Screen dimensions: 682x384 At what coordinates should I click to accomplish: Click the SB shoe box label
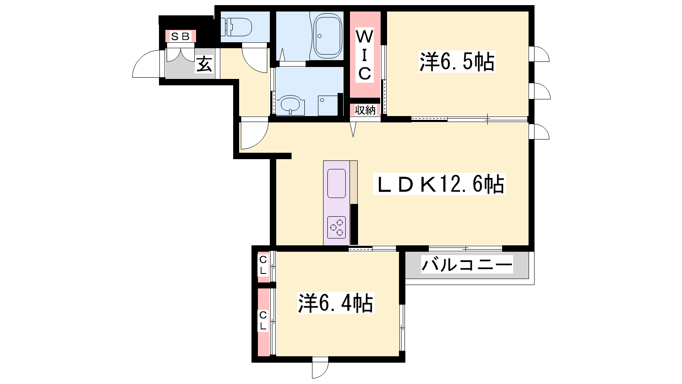pos(180,37)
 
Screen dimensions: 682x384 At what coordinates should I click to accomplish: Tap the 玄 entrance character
pos(204,64)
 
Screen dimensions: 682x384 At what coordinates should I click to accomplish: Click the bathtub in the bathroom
pos(327,36)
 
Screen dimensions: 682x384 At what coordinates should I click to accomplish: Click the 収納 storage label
pos(365,110)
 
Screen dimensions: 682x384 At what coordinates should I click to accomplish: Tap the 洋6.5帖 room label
pos(457,61)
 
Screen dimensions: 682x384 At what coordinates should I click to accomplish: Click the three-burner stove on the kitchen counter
pos(336,227)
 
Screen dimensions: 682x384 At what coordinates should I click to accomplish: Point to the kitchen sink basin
pos(336,183)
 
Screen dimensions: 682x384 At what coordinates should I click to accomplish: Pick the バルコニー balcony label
pos(467,265)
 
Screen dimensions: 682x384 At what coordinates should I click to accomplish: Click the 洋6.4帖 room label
pos(335,303)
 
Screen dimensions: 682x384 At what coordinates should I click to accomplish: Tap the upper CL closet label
pos(263,265)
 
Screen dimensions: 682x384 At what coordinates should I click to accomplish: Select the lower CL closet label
pos(263,320)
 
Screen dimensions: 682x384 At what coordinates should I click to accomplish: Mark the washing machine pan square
pos(328,106)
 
